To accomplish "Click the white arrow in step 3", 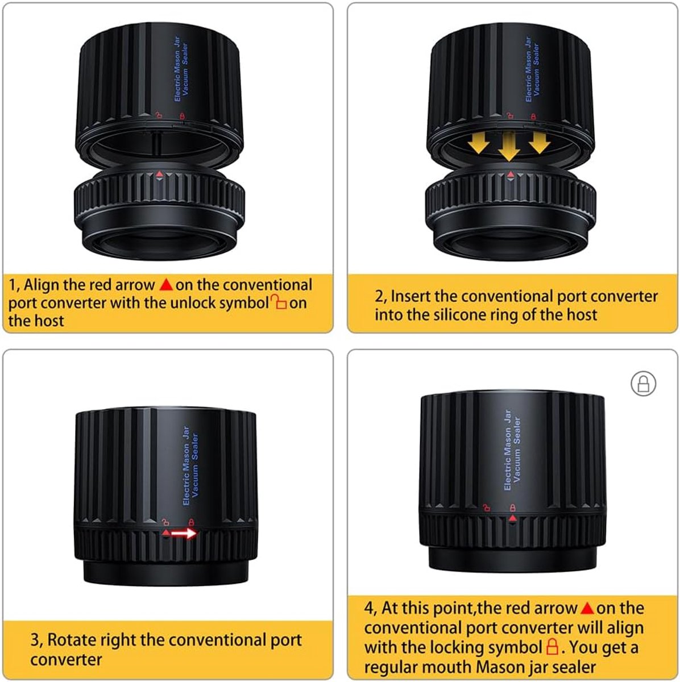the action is tap(184, 533).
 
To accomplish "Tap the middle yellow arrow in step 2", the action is tap(509, 146).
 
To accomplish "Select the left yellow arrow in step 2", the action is tap(478, 143).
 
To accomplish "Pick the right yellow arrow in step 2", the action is tap(540, 143).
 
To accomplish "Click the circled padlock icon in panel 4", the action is tap(644, 384).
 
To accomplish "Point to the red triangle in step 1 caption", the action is tap(166, 285).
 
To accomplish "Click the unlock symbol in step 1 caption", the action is tap(279, 302).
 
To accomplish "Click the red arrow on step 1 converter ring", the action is tap(159, 174).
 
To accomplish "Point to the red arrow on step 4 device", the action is tap(512, 518).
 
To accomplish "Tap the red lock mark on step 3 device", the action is tap(191, 522).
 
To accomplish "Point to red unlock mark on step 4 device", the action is tap(487, 508).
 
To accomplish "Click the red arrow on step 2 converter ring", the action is tap(511, 174).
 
